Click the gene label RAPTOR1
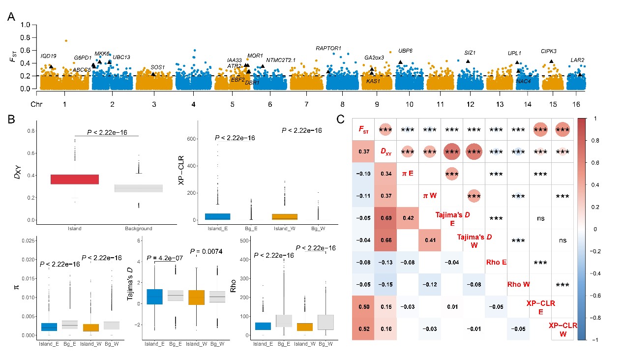point(328,48)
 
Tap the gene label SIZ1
point(470,53)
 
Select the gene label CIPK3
point(549,51)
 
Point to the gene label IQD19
point(49,56)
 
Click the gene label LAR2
point(577,60)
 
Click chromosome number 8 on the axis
point(342,105)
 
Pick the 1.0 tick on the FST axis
point(27,24)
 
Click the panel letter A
point(11,17)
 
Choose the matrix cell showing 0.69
point(386,218)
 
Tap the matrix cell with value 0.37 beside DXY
point(364,151)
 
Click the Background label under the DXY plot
point(139,228)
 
